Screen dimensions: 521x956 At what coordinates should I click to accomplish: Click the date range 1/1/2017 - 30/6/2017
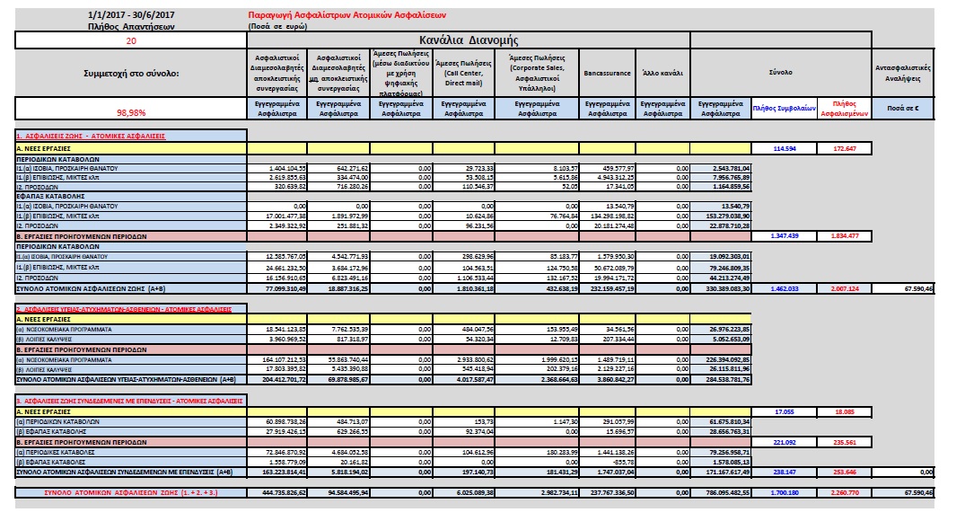pos(130,15)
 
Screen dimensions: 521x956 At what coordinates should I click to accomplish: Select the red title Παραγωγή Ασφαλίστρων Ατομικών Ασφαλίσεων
pos(346,16)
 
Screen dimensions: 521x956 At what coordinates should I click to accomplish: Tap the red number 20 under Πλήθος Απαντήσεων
pos(131,40)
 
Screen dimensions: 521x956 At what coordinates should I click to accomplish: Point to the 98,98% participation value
pos(131,112)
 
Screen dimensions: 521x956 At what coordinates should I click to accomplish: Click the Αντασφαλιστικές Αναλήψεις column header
pos(907,73)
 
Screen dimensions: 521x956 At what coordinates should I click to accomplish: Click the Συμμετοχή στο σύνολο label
pos(130,74)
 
